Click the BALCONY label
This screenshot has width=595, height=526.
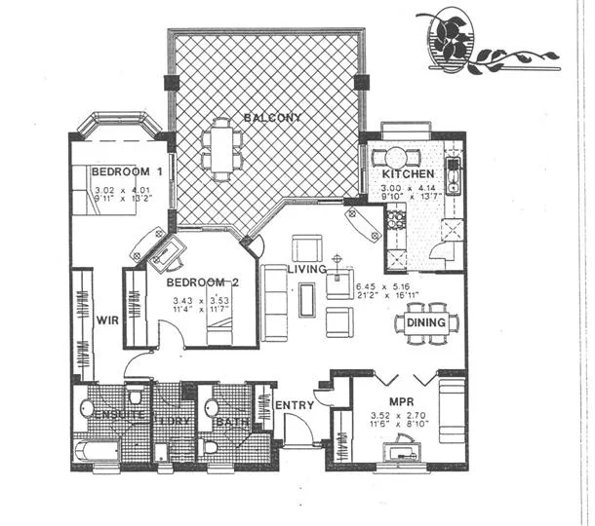tap(272, 118)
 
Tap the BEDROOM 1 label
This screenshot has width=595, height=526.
tap(127, 172)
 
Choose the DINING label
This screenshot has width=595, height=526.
tap(426, 322)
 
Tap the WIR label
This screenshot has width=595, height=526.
tap(106, 319)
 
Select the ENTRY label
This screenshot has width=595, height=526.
tap(294, 405)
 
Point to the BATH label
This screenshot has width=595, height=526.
tap(229, 422)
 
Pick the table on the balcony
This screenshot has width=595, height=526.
tap(218, 148)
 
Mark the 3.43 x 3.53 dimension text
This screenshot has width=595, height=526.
tap(199, 301)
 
